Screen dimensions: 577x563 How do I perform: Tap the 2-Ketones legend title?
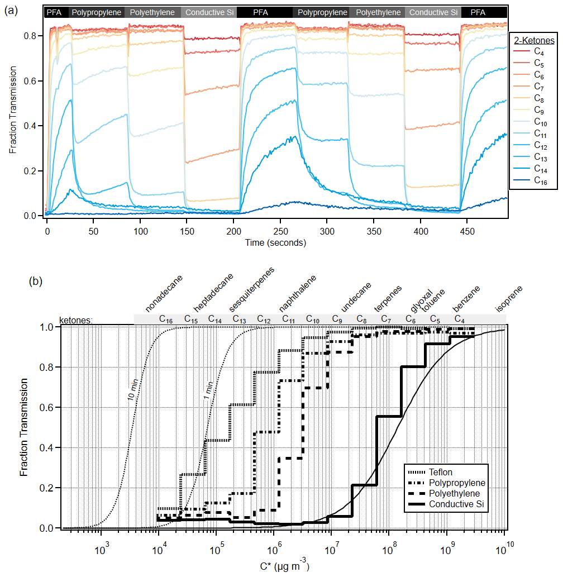[533, 40]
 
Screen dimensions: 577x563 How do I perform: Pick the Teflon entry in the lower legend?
[441, 471]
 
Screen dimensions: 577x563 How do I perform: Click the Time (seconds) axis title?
[275, 242]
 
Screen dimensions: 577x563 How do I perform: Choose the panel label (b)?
[35, 282]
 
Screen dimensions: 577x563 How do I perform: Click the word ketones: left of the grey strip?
[77, 320]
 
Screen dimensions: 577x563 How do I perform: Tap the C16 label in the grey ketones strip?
[165, 319]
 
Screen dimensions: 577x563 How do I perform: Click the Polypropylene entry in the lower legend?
[457, 483]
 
